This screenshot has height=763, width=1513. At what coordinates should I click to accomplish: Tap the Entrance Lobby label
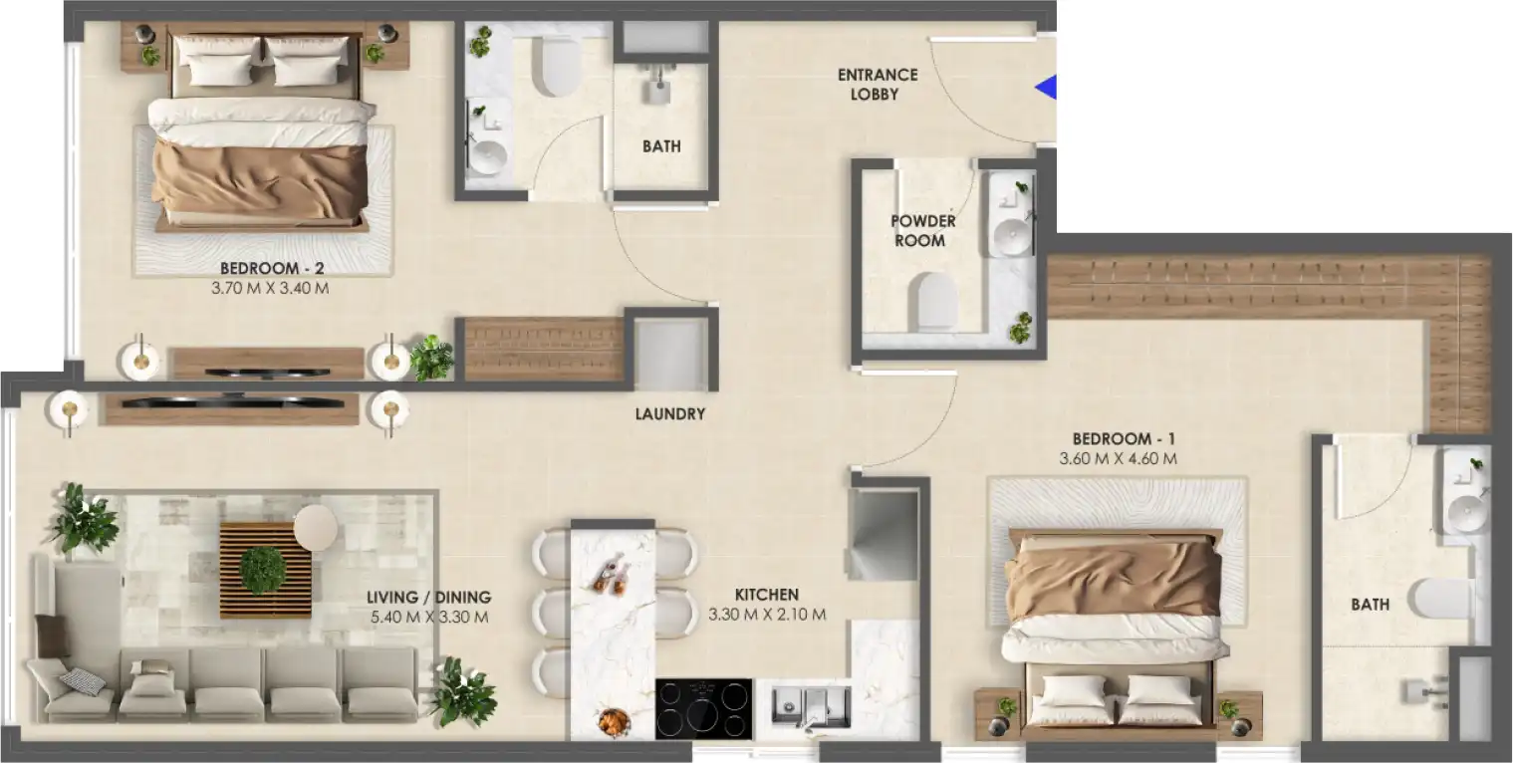click(877, 85)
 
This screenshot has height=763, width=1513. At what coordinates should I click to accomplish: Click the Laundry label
click(669, 413)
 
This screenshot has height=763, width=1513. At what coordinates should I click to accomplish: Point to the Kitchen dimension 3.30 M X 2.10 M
click(767, 615)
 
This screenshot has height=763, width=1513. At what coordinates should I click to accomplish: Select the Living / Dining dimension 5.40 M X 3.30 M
click(428, 618)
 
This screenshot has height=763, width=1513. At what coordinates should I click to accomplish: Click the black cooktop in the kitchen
click(703, 708)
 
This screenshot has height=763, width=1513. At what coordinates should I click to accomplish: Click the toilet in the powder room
click(936, 301)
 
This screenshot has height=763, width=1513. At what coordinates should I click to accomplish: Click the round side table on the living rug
click(316, 528)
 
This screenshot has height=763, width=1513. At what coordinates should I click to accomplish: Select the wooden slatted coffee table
click(264, 570)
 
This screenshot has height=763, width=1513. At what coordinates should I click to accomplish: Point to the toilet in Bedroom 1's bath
click(1444, 601)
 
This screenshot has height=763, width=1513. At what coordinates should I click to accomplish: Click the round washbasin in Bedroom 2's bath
click(487, 155)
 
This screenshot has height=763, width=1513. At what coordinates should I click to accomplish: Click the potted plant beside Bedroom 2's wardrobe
click(431, 358)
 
